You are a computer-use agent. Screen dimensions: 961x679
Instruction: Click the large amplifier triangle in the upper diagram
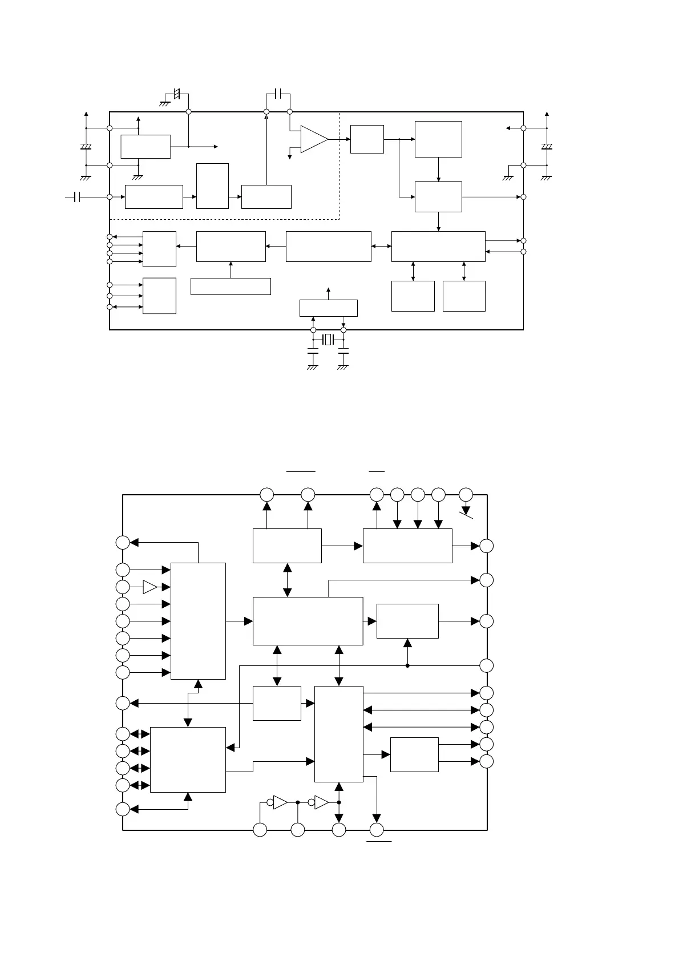[x=313, y=139]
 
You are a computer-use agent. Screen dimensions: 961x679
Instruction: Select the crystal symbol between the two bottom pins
[x=328, y=340]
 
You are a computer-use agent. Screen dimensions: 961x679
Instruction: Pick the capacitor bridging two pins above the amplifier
[x=278, y=93]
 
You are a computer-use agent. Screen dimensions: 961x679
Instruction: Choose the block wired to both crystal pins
[x=328, y=308]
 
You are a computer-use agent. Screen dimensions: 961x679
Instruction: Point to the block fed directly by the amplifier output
[x=366, y=139]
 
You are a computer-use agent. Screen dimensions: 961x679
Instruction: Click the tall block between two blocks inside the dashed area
[x=212, y=185]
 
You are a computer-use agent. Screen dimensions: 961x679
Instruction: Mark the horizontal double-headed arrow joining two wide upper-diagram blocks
[x=381, y=246]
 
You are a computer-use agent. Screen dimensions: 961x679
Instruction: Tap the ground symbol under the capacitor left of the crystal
[x=312, y=368]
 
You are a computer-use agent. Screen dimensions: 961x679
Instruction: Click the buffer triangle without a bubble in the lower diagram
[x=150, y=587]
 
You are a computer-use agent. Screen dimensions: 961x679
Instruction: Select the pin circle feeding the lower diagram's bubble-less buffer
[x=123, y=587]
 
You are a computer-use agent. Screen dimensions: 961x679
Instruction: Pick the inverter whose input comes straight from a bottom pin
[x=280, y=802]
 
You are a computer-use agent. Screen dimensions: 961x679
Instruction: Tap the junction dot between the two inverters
[x=298, y=802]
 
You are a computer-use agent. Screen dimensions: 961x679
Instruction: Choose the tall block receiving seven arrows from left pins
[x=198, y=621]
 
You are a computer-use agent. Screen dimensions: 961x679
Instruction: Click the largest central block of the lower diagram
[x=308, y=621]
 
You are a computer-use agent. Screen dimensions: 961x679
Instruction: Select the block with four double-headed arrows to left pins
[x=188, y=760]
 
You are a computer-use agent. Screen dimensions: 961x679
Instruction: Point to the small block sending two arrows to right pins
[x=414, y=754]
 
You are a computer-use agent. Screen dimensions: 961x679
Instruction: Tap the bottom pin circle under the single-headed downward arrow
[x=377, y=830]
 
